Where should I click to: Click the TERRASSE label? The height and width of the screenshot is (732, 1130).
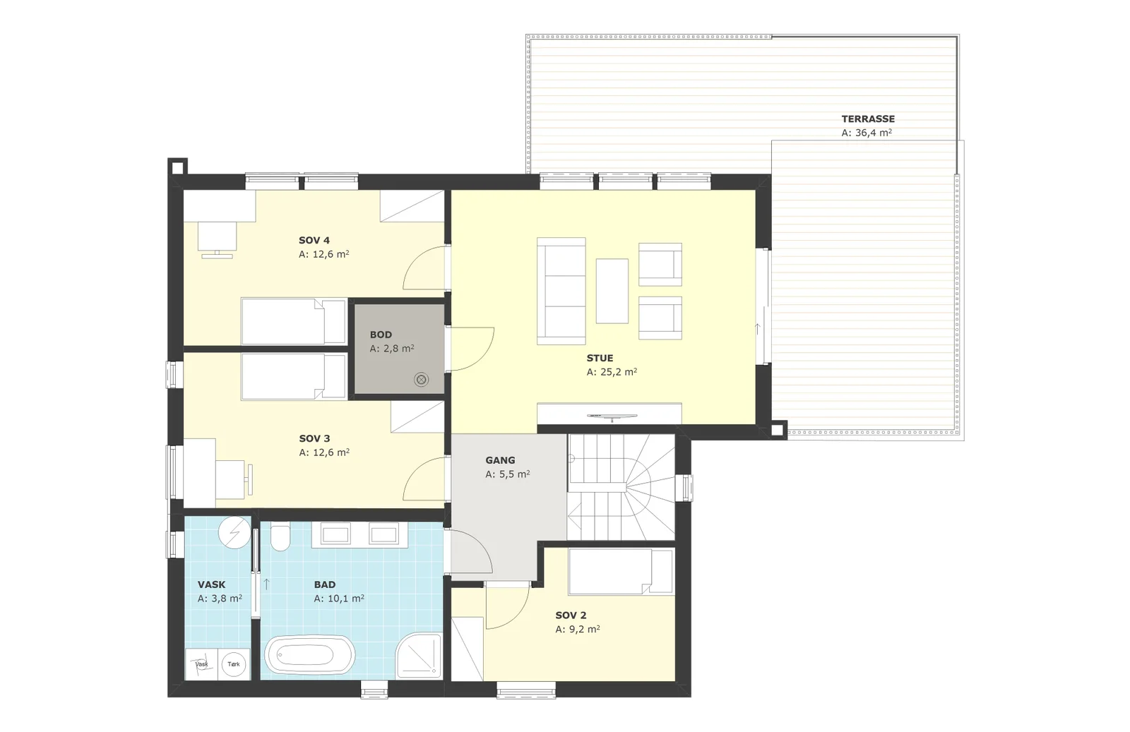click(868, 119)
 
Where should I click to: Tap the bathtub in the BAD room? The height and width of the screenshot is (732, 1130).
click(310, 655)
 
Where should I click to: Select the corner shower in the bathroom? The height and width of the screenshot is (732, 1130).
click(419, 655)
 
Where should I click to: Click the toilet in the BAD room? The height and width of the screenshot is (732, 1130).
click(280, 537)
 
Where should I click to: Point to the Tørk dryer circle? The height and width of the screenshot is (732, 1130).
click(234, 664)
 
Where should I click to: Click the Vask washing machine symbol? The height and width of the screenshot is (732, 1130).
click(202, 664)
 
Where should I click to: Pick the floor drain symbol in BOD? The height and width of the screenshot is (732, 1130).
click(421, 380)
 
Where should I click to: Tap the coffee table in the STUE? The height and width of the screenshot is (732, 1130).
click(612, 291)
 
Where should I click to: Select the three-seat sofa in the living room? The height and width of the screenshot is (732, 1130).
click(561, 291)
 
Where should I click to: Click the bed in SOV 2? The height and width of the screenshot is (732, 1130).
click(621, 572)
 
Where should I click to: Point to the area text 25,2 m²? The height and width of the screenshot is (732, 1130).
click(612, 372)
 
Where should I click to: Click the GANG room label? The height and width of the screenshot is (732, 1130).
click(501, 460)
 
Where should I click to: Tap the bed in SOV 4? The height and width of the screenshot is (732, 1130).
click(294, 322)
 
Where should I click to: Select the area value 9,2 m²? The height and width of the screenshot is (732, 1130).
click(578, 629)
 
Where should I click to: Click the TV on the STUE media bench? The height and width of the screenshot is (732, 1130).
click(612, 416)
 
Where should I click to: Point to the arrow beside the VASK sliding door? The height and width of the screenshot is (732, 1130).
click(266, 584)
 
